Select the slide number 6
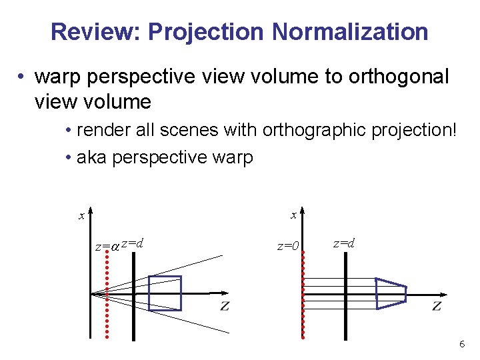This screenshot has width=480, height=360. (461, 344)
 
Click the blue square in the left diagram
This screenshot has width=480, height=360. (165, 293)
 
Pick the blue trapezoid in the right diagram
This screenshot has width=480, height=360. (391, 293)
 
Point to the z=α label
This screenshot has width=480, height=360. (107, 246)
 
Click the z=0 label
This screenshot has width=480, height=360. (289, 246)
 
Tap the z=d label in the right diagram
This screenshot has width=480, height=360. (344, 243)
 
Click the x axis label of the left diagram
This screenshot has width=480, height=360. (81, 215)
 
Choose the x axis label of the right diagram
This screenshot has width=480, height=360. (293, 215)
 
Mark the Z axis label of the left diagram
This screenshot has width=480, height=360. (225, 307)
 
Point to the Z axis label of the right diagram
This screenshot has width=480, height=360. (437, 306)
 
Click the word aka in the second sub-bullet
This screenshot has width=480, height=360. (91, 158)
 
